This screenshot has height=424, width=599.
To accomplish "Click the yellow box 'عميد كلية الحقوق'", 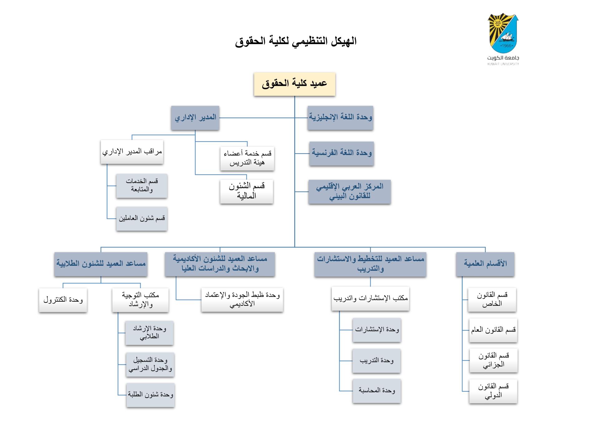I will coord(295,84).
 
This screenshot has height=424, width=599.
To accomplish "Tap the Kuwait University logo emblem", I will coord(503,34).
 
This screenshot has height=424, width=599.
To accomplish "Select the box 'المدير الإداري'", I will coord(195,118).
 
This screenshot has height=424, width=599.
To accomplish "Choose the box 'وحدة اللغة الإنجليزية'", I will coord(340,118).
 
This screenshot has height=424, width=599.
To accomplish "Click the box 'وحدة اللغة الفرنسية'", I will coord(342,153).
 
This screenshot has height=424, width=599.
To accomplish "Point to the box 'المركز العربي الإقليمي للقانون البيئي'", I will coord(349,192).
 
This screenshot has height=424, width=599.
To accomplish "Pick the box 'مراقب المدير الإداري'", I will coord(132,152).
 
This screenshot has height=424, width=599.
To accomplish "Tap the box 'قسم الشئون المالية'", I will coord(246,191).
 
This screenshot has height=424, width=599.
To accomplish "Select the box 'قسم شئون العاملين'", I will coord(142,219).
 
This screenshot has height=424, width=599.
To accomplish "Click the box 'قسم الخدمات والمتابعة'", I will coord(142,186).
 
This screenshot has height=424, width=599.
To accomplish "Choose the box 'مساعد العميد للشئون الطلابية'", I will coord(101,264).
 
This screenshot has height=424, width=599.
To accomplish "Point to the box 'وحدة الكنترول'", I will coord(63,300).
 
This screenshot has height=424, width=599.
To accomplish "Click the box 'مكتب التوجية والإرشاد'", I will coord(140,300).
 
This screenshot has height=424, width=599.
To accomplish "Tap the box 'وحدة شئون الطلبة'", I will coord(150,395).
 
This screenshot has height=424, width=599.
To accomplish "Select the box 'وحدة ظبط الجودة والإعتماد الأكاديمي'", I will coord(242,300).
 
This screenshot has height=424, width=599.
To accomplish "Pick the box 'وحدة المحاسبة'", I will coord(377,391).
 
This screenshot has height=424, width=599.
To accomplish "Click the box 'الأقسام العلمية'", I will coord(485,264).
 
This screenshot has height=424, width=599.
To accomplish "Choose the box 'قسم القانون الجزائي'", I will coord(494,360).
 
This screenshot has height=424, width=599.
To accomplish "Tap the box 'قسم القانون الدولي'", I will coord(493,391).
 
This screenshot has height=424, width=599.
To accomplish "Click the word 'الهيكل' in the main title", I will coord(343,41).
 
